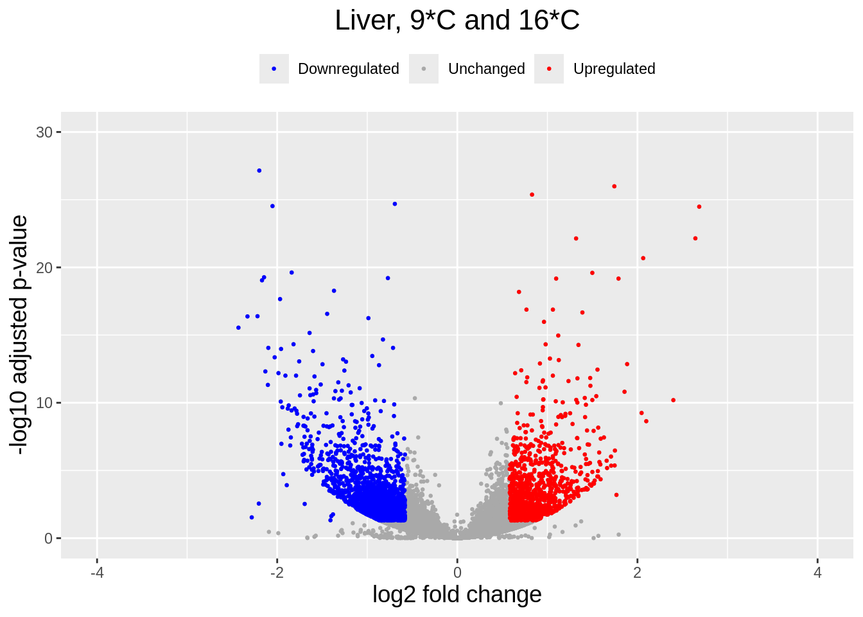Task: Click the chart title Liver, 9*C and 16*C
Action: pos(457,21)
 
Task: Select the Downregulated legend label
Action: pos(348,69)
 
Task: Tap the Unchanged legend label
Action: pos(486,69)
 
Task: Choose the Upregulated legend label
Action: pos(614,69)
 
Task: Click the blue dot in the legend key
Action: pos(274,69)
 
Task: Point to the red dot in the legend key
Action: pos(549,69)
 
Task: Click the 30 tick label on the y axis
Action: pos(44,132)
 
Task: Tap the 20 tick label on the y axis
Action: pos(44,268)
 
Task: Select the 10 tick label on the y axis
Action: pos(44,403)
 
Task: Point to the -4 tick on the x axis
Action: pos(97,573)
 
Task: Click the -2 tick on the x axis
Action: pos(277,573)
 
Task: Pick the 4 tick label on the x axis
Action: pos(817,573)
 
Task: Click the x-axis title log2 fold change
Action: pos(457,595)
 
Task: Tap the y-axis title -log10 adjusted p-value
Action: pos(19,335)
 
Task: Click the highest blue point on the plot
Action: pos(259,170)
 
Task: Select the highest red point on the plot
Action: pos(615,186)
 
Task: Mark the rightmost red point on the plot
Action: pos(699,207)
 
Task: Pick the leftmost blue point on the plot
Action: pos(238,328)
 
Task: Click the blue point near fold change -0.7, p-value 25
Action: pos(395,204)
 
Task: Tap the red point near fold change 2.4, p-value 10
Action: pos(673,400)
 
